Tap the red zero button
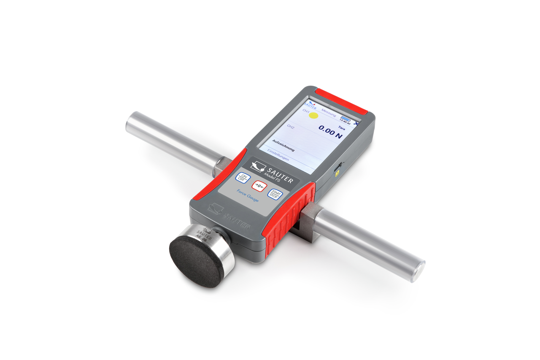coord(259,186)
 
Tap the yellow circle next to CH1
coord(313,115)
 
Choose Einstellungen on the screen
coord(278,156)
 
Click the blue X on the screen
coord(357,124)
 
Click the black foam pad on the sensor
coord(196,262)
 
